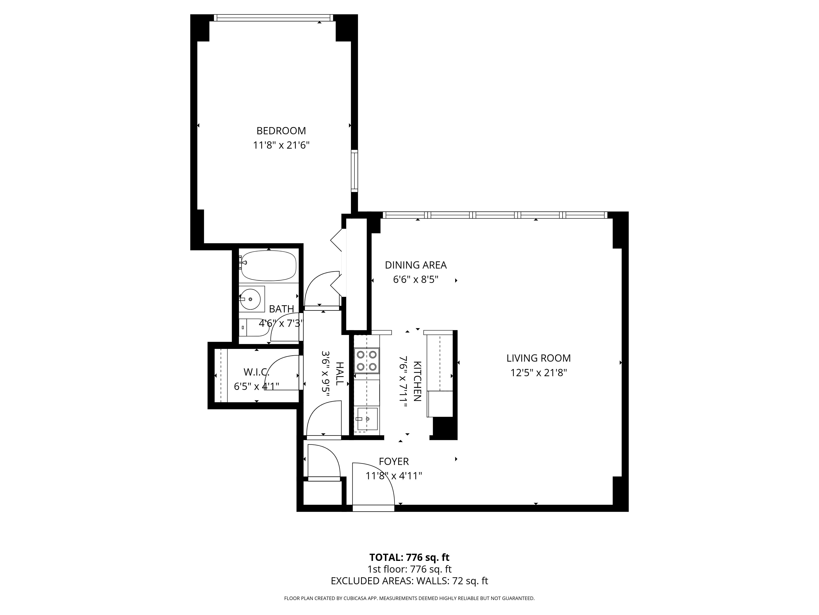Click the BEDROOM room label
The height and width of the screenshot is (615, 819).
[x=281, y=131]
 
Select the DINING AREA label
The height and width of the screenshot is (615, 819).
[x=415, y=265]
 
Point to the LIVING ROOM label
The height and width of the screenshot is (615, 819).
[x=538, y=358]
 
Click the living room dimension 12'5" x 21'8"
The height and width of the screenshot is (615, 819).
[x=538, y=372]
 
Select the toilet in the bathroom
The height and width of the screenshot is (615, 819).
[x=254, y=327]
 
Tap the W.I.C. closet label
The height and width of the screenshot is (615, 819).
[x=256, y=372]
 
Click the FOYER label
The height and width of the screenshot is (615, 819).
[x=394, y=461]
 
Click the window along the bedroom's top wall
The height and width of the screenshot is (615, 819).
[x=273, y=17]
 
